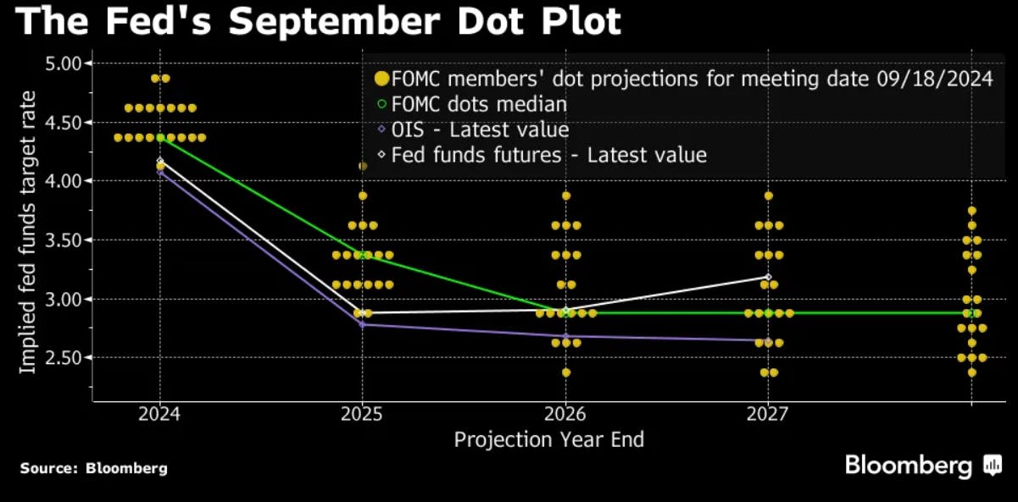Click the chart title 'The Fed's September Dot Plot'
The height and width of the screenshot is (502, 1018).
319,21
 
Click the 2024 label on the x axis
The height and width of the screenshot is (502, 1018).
159,414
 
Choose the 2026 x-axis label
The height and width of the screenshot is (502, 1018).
565,414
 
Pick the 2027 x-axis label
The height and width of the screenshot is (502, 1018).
768,414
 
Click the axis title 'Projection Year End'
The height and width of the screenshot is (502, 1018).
548,440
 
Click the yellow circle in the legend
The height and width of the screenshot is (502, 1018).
381,80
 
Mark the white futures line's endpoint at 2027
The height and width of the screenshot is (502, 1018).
768,277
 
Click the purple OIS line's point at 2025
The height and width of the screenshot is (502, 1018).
363,324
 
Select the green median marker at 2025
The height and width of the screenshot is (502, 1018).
363,255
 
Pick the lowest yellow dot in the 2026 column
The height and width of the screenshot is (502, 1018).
565,372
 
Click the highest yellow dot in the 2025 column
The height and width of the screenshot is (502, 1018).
363,166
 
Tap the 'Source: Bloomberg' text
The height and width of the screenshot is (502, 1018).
94,468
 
